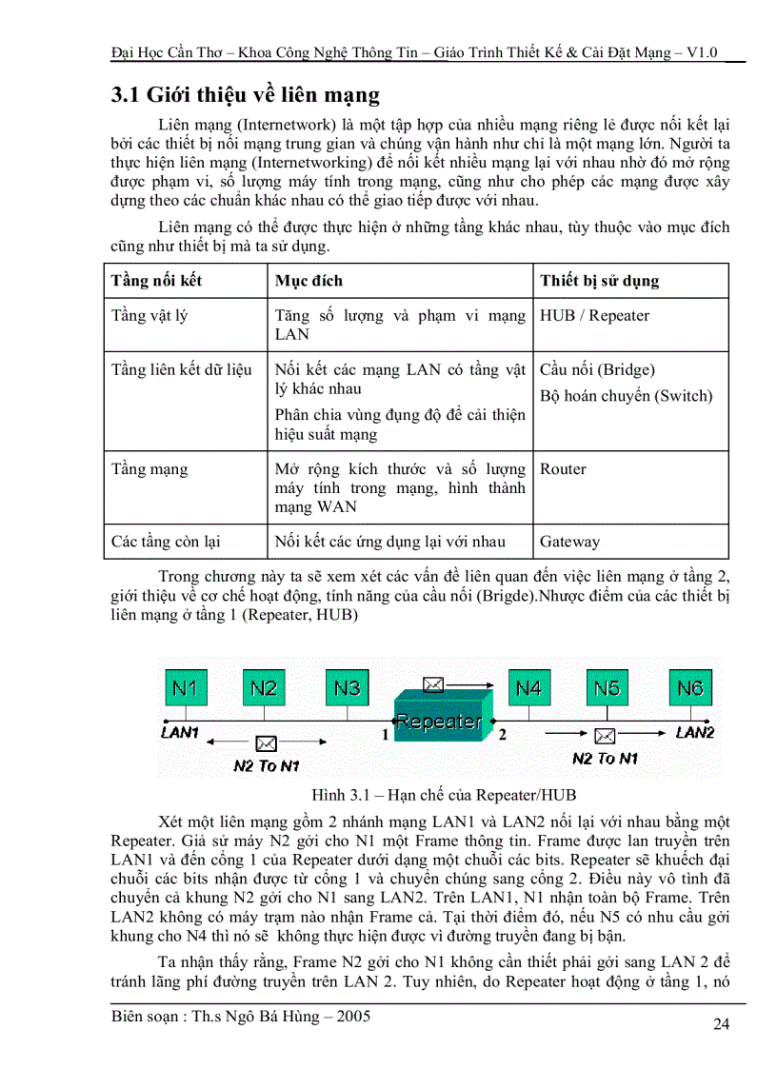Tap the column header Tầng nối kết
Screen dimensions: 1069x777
point(156,281)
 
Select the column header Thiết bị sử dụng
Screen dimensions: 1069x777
point(599,281)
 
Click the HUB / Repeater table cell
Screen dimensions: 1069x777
point(594,315)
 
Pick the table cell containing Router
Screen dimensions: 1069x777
point(563,468)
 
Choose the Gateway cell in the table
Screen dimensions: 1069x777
point(569,542)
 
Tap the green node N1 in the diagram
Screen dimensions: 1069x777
point(186,687)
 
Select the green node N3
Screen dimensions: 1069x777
point(349,687)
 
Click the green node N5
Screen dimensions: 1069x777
point(607,687)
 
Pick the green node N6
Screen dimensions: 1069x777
point(689,687)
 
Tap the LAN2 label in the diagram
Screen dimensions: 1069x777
point(694,732)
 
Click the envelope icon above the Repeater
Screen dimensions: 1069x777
point(433,683)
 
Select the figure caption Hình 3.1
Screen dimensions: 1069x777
point(443,794)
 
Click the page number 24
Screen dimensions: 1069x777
point(722,1024)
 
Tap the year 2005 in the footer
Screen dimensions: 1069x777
point(349,1017)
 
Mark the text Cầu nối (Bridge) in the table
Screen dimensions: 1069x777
point(597,369)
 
